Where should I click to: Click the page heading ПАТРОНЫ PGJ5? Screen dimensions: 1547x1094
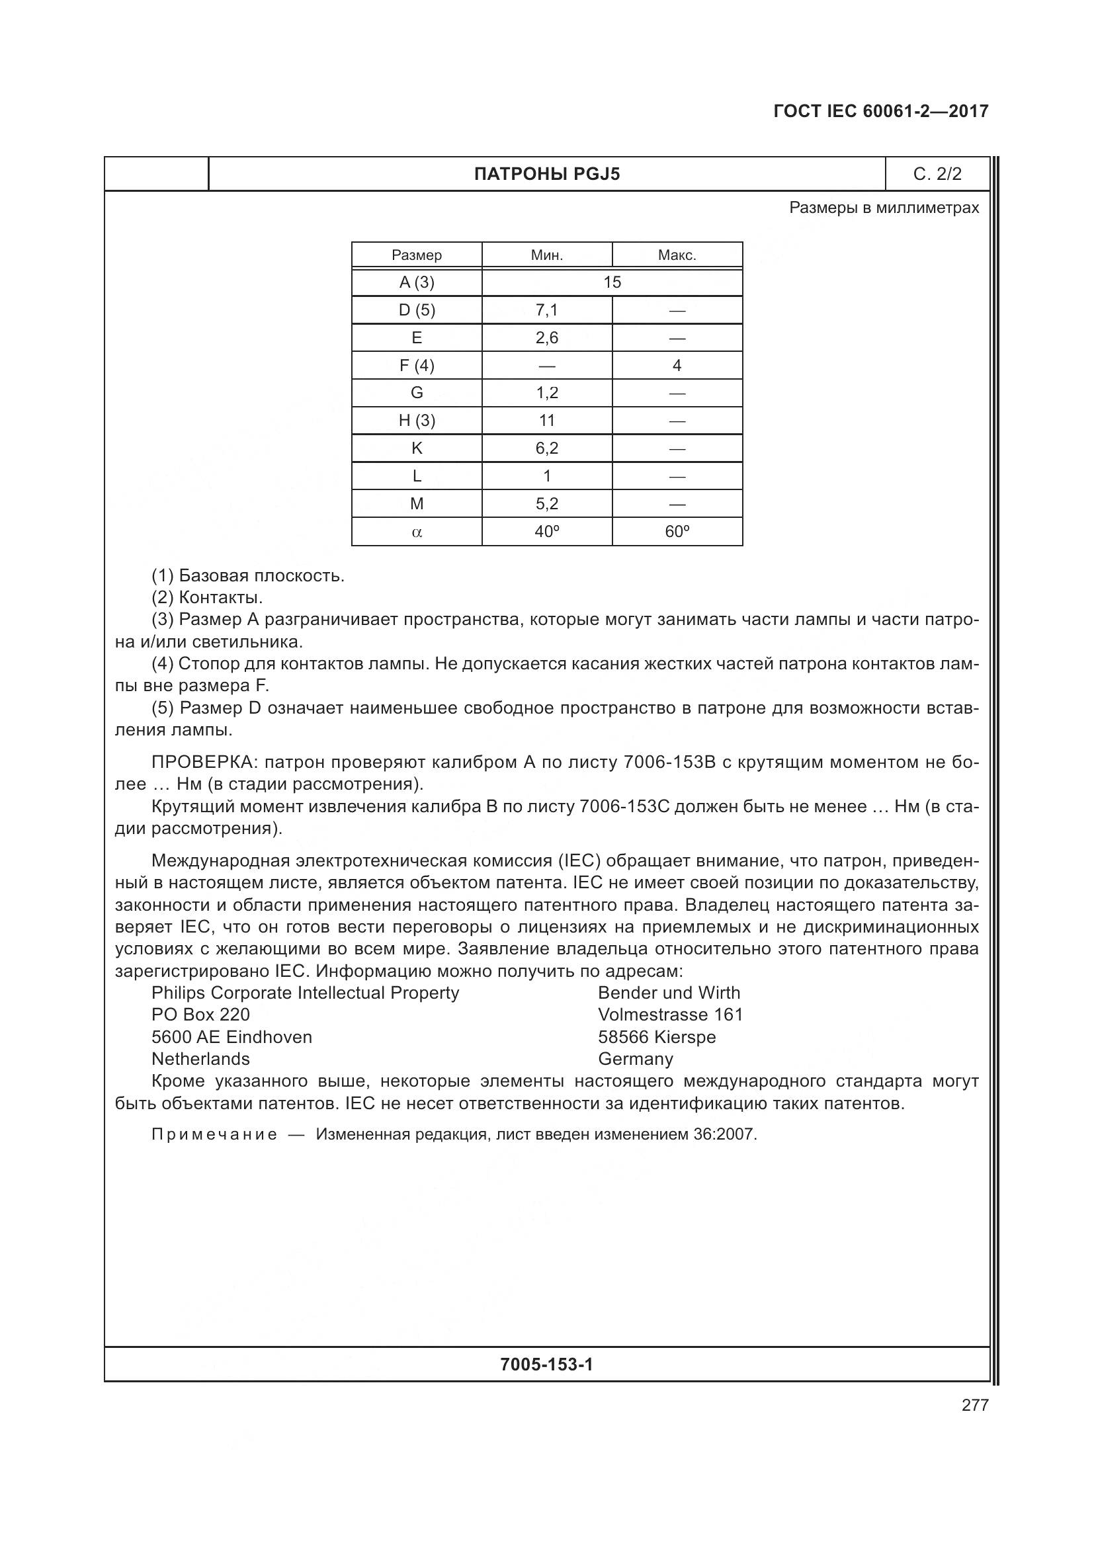tap(546, 175)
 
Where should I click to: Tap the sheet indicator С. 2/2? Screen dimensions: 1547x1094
tap(937, 175)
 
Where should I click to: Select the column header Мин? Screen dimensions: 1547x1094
tap(546, 255)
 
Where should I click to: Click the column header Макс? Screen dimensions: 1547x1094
tap(677, 255)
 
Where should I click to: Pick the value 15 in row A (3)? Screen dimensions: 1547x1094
tap(612, 282)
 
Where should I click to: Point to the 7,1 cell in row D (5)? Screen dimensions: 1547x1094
tap(546, 310)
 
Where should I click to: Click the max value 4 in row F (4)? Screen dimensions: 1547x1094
tap(677, 365)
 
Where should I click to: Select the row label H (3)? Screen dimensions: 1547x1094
tap(416, 421)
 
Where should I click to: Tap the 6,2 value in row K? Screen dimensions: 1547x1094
tap(546, 448)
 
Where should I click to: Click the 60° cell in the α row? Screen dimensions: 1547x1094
tap(677, 532)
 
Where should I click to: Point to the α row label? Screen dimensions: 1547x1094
tap(416, 532)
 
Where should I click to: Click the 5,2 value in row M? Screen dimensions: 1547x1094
tap(546, 504)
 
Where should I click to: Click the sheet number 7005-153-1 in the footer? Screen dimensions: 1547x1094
tap(546, 1364)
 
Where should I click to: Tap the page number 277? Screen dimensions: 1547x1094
tap(974, 1405)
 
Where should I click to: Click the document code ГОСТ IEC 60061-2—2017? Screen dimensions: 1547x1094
tap(880, 111)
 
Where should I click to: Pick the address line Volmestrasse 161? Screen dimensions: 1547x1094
tap(669, 1015)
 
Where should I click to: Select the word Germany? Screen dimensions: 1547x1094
tap(634, 1059)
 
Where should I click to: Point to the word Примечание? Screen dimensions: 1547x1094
tap(214, 1135)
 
